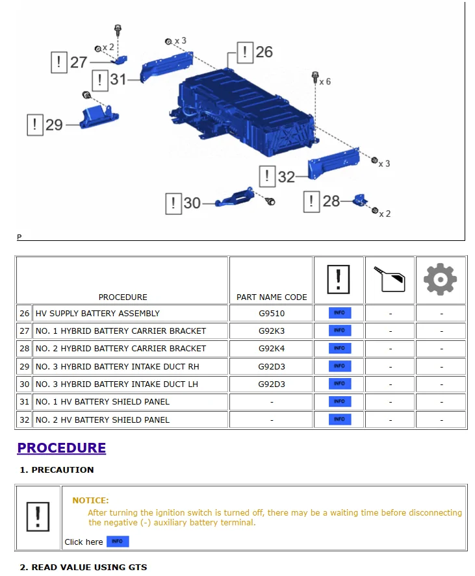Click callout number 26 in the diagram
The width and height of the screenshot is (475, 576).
pyautogui.click(x=264, y=52)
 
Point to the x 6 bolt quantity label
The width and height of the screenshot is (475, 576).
pyautogui.click(x=324, y=82)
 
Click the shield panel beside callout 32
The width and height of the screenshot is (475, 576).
pyautogui.click(x=333, y=162)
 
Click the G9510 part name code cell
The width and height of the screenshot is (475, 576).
pyautogui.click(x=271, y=313)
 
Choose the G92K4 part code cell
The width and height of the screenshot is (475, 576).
pyautogui.click(x=271, y=348)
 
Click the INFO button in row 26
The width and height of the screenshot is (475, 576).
pyautogui.click(x=339, y=313)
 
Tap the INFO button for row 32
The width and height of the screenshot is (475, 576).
pyautogui.click(x=339, y=419)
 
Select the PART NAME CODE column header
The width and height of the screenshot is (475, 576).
pyautogui.click(x=271, y=297)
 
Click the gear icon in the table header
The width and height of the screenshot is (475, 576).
pyautogui.click(x=440, y=280)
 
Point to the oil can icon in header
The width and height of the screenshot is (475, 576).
pyautogui.click(x=390, y=280)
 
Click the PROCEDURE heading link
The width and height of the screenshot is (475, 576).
pyautogui.click(x=61, y=447)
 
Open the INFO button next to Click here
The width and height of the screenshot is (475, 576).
pyautogui.click(x=117, y=542)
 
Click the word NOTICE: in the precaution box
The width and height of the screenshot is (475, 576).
pyautogui.click(x=90, y=500)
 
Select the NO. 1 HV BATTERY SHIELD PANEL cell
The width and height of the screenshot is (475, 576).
pyautogui.click(x=102, y=402)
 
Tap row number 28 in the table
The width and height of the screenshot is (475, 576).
pyautogui.click(x=25, y=349)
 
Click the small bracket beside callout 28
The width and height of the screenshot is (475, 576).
pyautogui.click(x=359, y=201)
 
